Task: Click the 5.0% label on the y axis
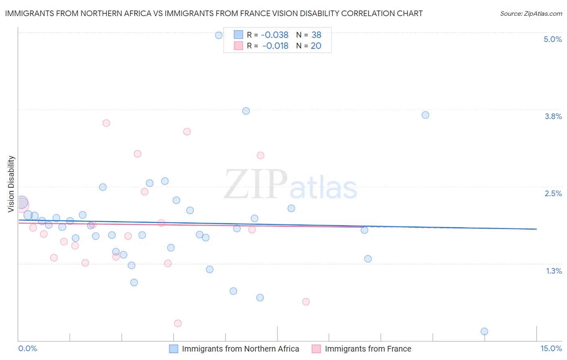point(552,39)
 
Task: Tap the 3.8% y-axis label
point(553,116)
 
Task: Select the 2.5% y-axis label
point(553,193)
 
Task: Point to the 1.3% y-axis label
point(554,271)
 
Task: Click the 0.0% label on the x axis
point(28,348)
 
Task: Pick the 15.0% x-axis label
point(550,348)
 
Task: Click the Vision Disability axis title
point(11,184)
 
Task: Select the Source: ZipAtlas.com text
point(531,13)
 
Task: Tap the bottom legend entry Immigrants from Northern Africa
point(240,349)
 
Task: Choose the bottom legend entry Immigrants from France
point(368,349)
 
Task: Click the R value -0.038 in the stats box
point(275,35)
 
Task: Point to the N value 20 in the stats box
point(316,46)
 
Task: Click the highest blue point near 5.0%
point(219,35)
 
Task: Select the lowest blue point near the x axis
point(484,331)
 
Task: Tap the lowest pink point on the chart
point(178,323)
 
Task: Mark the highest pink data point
point(106,123)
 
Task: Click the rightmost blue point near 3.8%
point(425,115)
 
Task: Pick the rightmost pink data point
point(306,301)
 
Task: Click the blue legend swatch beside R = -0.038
point(238,35)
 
